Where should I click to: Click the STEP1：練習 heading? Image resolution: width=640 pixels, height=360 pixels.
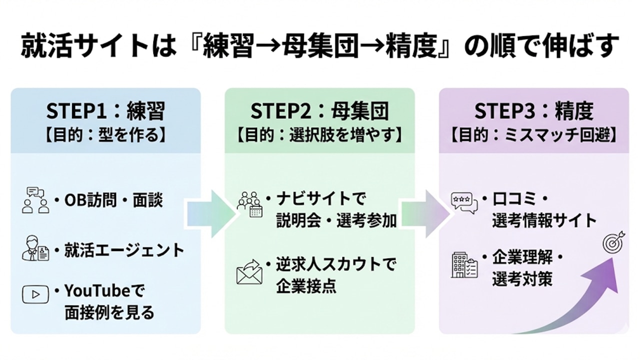click(x=105, y=111)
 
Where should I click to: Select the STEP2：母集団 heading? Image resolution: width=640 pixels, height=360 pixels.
click(x=319, y=111)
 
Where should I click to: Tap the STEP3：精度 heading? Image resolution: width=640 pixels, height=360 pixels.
click(x=533, y=111)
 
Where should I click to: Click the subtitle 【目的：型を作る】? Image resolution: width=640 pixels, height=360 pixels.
click(x=105, y=134)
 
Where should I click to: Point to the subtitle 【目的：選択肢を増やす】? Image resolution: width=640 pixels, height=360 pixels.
click(x=319, y=134)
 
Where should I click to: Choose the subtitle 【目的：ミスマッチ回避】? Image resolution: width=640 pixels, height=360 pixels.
click(x=533, y=134)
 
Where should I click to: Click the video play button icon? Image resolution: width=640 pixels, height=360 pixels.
click(x=35, y=294)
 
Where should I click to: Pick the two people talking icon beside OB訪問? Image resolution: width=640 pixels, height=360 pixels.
click(x=35, y=200)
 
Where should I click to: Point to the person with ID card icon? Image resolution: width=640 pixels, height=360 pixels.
click(x=35, y=249)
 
